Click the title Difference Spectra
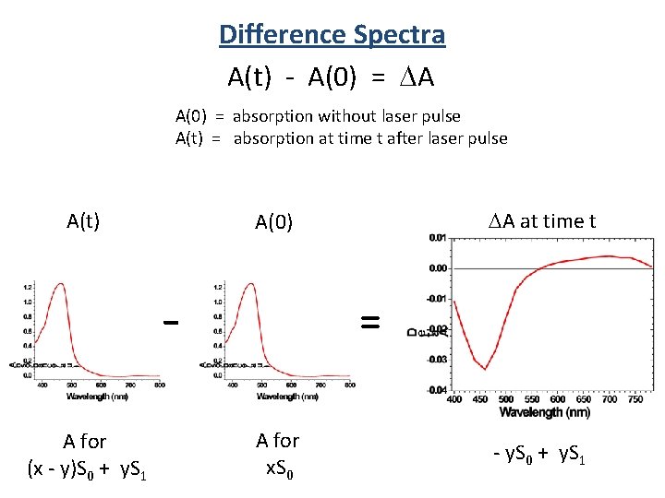(x=332, y=35)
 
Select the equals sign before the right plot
(x=369, y=321)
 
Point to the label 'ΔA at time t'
(x=541, y=221)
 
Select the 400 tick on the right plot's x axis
(x=454, y=400)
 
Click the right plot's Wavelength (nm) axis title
(x=545, y=412)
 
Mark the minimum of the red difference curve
(x=485, y=369)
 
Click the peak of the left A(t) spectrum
(x=60, y=284)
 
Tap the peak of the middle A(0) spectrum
(x=249, y=284)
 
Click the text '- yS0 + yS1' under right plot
(x=541, y=455)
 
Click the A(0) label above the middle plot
(x=274, y=222)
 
